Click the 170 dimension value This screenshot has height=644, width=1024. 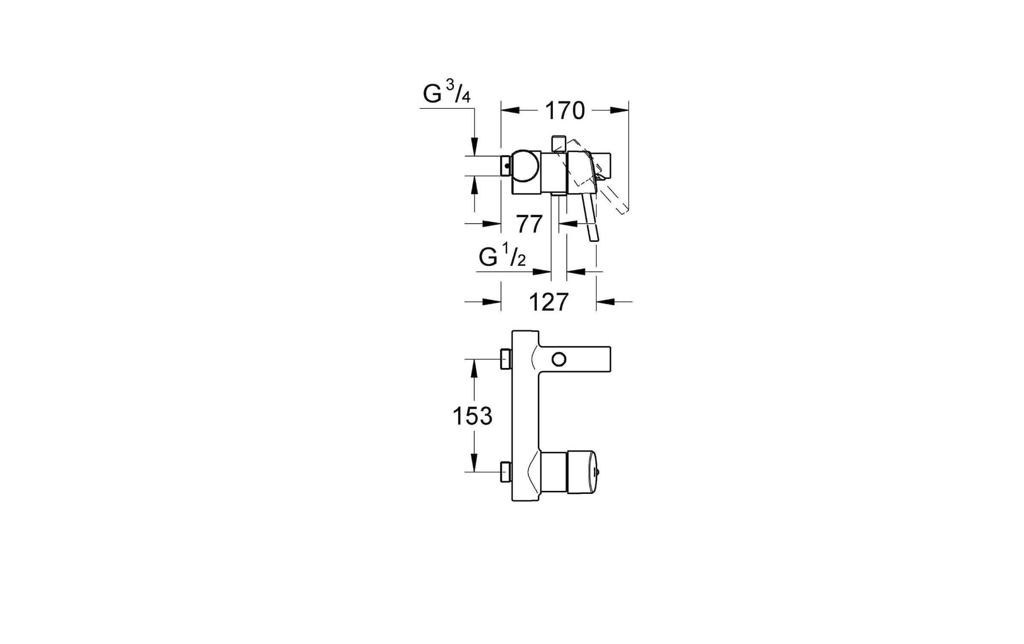click(x=564, y=111)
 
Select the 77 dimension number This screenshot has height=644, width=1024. click(x=529, y=224)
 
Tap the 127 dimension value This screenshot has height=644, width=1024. click(x=549, y=302)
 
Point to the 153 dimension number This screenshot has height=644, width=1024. click(x=472, y=416)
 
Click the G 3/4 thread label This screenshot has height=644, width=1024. click(x=447, y=93)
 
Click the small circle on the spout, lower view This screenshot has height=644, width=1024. click(x=559, y=360)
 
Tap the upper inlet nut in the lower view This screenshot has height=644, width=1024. click(x=506, y=359)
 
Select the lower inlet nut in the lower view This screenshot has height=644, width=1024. click(x=506, y=472)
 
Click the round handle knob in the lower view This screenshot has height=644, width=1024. click(x=582, y=472)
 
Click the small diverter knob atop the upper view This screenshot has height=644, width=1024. click(x=558, y=142)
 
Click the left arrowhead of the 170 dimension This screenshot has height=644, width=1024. click(x=510, y=110)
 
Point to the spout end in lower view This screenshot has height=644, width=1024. click(x=609, y=359)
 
